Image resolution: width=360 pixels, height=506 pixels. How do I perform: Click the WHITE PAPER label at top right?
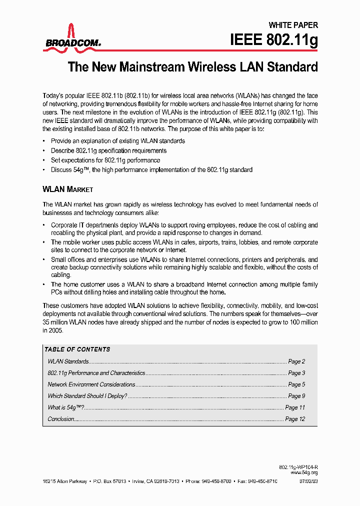pos(293,25)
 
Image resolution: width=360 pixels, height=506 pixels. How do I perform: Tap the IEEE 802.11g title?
pos(273,40)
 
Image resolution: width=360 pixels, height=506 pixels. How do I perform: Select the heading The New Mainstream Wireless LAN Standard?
pos(192,67)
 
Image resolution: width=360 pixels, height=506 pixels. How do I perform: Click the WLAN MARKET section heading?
pos(67,189)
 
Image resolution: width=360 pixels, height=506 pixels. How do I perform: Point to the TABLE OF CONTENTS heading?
pos(77,349)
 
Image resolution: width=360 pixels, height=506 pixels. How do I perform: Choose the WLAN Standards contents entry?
pos(68,361)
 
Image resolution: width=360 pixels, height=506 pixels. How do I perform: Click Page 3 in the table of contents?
pos(296,373)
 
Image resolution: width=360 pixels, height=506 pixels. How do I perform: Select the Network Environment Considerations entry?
pos(91,384)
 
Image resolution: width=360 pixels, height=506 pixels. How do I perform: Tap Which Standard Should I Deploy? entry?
pos(87,396)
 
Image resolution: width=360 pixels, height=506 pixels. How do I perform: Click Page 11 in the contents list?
pos(295,407)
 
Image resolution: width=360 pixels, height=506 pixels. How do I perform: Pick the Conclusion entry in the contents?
pos(61,419)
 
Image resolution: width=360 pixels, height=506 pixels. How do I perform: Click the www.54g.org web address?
pos(304,472)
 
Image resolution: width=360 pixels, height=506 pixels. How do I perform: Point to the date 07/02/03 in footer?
pos(308,480)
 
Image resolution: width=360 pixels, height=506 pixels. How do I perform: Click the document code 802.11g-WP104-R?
pos(298,466)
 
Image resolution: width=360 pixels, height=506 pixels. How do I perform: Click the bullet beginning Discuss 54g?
pos(151,170)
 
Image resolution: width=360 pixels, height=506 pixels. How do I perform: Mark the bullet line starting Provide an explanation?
pos(118,141)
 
